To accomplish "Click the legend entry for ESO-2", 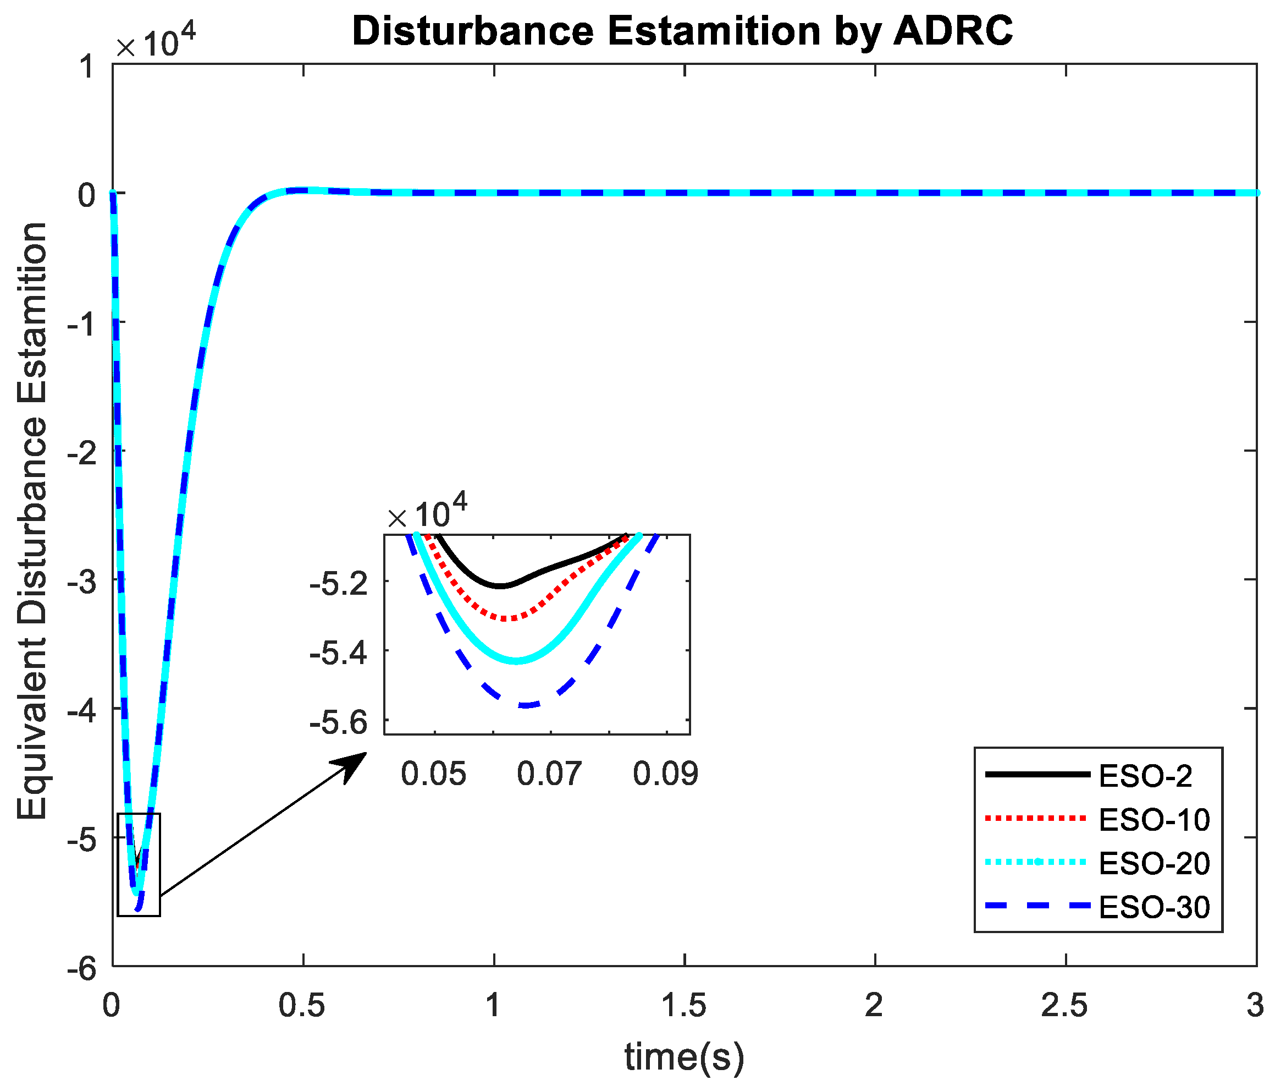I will pyautogui.click(x=1145, y=776).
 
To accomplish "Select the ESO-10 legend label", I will pyautogui.click(x=1154, y=820).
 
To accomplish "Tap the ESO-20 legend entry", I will pyautogui.click(x=1154, y=864).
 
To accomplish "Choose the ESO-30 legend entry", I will pyautogui.click(x=1154, y=908).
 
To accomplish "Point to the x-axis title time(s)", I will pyautogui.click(x=685, y=1056).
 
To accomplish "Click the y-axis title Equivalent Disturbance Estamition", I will pyautogui.click(x=32, y=520).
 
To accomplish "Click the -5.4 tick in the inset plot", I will pyautogui.click(x=339, y=653).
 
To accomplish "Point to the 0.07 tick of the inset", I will pyautogui.click(x=549, y=774).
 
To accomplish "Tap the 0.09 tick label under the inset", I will pyautogui.click(x=666, y=774).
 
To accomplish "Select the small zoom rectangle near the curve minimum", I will pyautogui.click(x=139, y=865).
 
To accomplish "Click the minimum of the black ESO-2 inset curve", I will pyautogui.click(x=501, y=586).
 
